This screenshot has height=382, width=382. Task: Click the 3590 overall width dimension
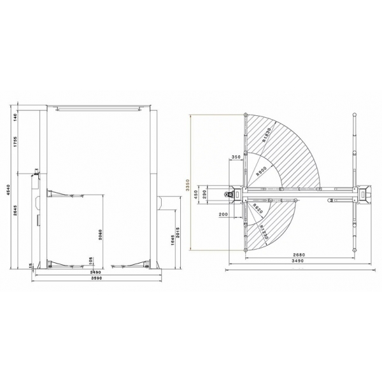97,279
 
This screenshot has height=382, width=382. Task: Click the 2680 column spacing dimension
298,255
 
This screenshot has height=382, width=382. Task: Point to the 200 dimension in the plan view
222,215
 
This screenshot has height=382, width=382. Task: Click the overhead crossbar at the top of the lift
97,108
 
